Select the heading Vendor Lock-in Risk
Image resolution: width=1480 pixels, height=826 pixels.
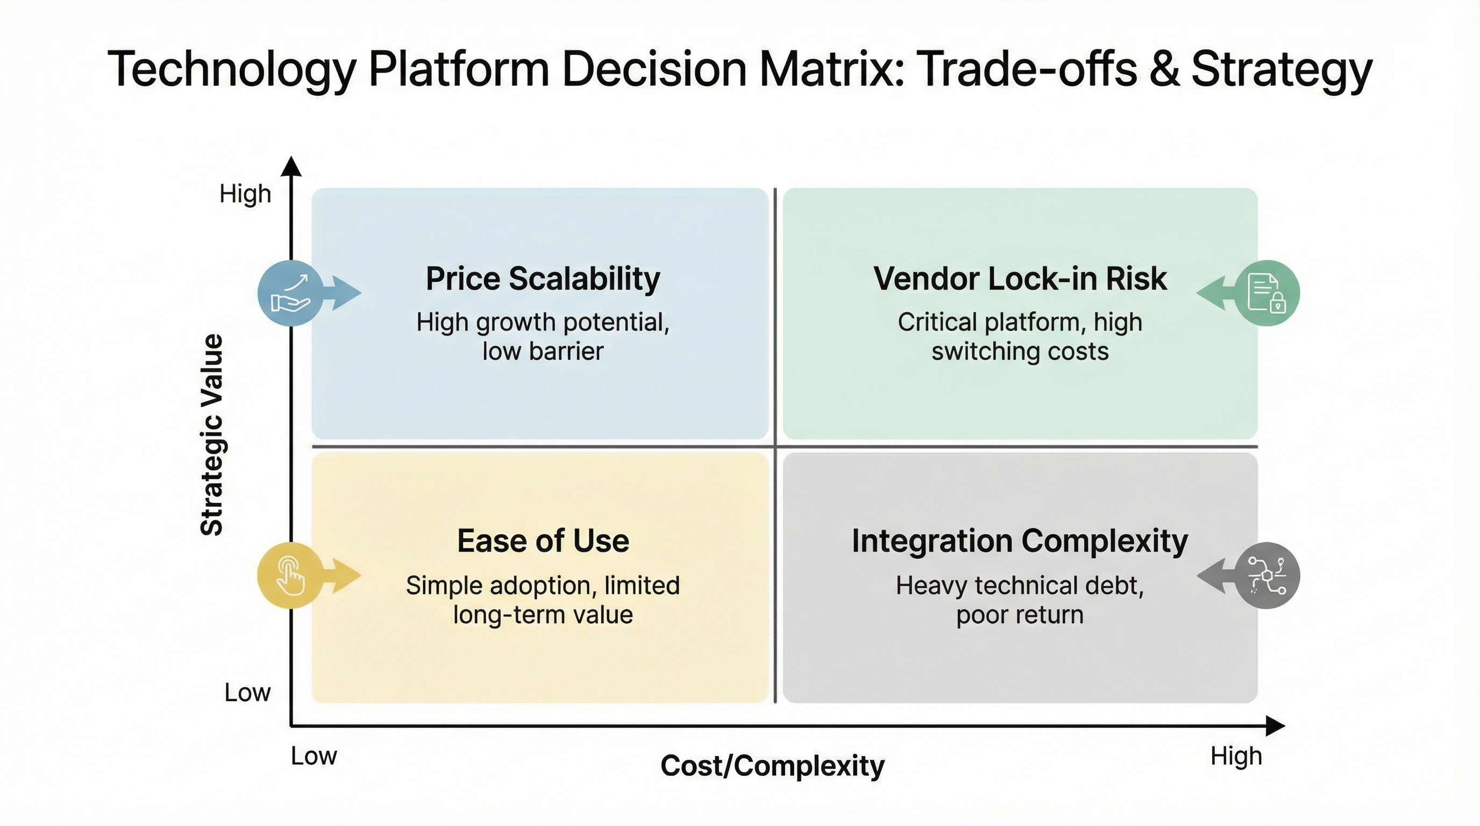(1020, 279)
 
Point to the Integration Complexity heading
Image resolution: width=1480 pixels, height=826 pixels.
(1020, 541)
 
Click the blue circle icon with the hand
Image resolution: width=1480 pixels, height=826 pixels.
(291, 293)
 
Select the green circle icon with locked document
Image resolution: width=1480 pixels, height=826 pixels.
(1268, 293)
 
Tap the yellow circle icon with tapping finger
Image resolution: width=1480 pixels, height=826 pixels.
(290, 575)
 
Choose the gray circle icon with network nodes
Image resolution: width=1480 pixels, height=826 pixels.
(1268, 575)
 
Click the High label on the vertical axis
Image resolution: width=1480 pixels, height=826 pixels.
(245, 194)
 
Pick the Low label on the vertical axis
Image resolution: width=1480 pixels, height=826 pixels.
(247, 693)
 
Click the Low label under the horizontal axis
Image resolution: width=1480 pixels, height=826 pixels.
(314, 756)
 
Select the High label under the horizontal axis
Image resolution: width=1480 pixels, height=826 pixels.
(1236, 756)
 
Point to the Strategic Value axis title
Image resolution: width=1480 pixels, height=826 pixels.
(211, 435)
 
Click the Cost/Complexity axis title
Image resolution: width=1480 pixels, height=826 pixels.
(772, 766)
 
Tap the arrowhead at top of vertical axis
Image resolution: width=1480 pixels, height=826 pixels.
(291, 166)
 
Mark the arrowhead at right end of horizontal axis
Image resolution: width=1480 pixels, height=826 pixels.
(1275, 726)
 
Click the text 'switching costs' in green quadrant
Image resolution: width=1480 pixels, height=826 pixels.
(1020, 352)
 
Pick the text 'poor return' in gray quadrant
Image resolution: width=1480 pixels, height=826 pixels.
(1020, 615)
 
